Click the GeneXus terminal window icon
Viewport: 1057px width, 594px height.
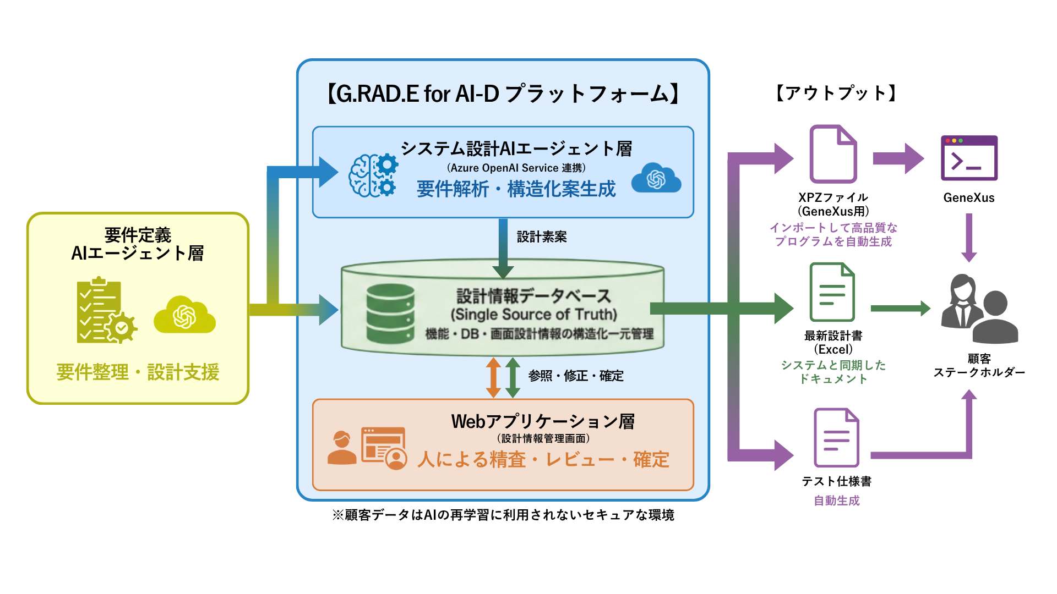(x=969, y=158)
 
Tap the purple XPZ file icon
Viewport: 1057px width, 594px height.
(x=833, y=154)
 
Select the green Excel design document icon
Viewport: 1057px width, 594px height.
(x=832, y=292)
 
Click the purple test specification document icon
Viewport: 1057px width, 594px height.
(x=836, y=437)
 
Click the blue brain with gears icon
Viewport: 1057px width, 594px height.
(x=373, y=175)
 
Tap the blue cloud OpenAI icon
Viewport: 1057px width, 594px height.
(x=656, y=178)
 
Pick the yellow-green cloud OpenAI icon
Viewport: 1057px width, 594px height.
(x=184, y=315)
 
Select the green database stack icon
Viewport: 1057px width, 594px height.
(x=390, y=313)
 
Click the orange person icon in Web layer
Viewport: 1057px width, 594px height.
(x=342, y=448)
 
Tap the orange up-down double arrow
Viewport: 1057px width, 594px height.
(x=493, y=377)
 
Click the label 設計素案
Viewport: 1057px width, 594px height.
(x=542, y=237)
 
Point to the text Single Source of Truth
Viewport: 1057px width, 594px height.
(x=533, y=314)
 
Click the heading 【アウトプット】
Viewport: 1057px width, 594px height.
(x=836, y=93)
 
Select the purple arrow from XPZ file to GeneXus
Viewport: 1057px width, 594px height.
(x=898, y=159)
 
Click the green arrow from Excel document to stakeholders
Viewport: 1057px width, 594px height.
(x=901, y=308)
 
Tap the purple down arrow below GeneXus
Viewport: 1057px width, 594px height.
(x=969, y=238)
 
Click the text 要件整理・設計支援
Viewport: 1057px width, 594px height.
(x=138, y=372)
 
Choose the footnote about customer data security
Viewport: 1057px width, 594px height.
(x=503, y=515)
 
